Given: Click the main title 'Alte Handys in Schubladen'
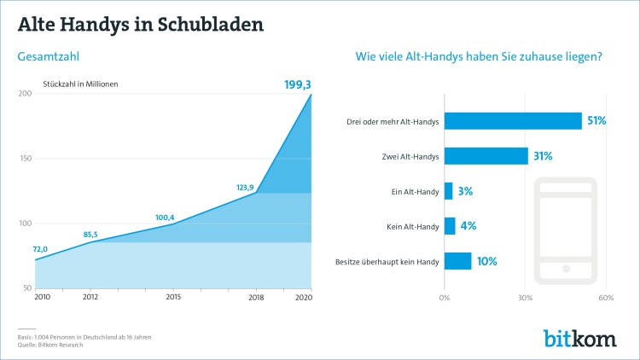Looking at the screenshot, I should click(x=141, y=23).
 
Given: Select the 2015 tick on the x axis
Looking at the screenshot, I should click(x=172, y=297).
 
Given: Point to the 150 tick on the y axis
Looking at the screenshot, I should click(x=25, y=159).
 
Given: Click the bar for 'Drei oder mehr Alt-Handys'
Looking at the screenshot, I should click(x=513, y=121).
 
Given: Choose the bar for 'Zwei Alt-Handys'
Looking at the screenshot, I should click(x=486, y=156).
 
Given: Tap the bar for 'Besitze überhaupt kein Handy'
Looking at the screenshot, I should click(x=457, y=261).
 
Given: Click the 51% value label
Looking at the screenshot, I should click(x=596, y=121).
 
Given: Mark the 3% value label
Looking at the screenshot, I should click(x=466, y=191).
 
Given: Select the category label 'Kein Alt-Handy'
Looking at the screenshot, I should click(x=414, y=226).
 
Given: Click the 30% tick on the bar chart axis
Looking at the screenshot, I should click(x=525, y=298).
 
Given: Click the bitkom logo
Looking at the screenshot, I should click(x=579, y=338).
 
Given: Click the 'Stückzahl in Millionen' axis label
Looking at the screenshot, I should click(x=80, y=84).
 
